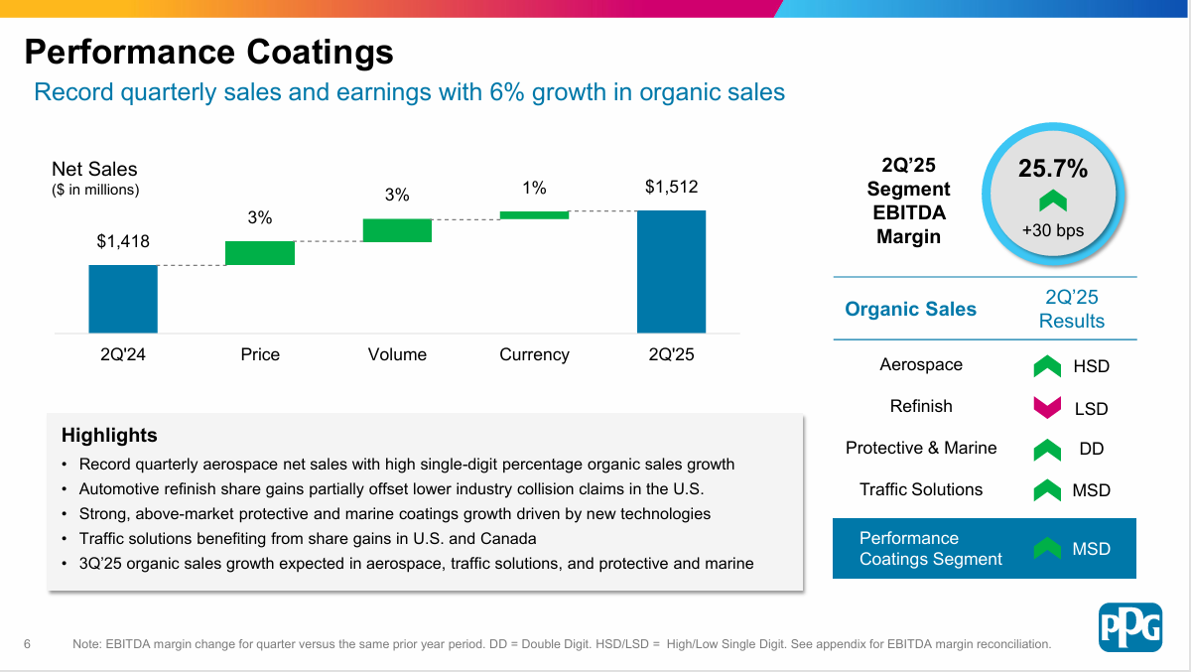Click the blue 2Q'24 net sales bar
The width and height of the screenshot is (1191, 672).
point(123,299)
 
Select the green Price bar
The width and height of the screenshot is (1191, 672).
point(260,253)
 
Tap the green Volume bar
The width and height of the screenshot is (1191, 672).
point(397,230)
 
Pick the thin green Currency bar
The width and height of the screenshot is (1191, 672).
point(534,214)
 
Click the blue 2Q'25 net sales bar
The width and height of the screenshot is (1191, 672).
point(671,271)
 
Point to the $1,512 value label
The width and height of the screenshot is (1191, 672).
point(671,187)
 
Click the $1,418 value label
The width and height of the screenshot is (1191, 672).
point(123,241)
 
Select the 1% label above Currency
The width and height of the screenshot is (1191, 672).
point(534,188)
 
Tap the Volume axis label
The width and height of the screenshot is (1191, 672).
point(397,354)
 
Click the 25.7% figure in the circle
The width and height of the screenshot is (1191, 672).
point(1053,169)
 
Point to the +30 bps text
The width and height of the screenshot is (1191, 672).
point(1053,230)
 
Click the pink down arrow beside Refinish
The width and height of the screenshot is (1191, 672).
point(1047,407)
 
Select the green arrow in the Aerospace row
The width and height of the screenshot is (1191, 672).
point(1047,366)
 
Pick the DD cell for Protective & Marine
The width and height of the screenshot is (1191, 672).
point(1092,449)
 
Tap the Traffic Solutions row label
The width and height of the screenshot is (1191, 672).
point(921,489)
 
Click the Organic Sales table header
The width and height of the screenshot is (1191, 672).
point(910,309)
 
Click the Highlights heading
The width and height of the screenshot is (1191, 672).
point(109,435)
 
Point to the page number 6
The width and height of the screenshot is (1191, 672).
point(27,644)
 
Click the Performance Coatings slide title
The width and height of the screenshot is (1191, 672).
point(208,51)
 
